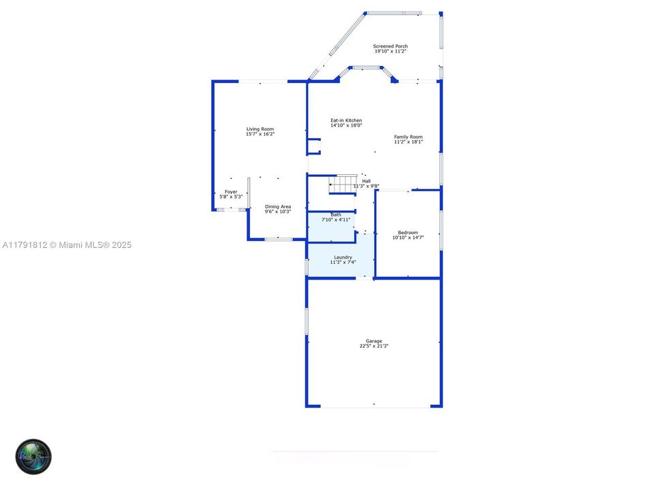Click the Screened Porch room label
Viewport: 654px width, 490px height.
390,46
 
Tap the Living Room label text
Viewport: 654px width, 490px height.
260,129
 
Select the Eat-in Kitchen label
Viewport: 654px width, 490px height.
346,120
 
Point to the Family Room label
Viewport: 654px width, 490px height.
408,137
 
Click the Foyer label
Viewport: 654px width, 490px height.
231,192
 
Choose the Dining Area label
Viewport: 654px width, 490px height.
278,206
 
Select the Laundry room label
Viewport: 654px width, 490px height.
343,257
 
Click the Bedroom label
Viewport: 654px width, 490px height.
408,233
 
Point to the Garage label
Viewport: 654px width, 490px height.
374,341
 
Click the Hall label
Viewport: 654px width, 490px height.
367,181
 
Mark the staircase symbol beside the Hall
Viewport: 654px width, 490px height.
343,183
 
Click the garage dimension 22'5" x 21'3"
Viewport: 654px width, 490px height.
374,346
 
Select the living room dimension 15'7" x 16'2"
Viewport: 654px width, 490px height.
260,134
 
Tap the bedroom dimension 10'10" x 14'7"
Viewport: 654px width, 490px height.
408,238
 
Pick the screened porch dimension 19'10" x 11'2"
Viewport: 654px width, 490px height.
390,51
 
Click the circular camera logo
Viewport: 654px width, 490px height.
34,456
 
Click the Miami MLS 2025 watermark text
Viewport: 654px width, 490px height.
67,245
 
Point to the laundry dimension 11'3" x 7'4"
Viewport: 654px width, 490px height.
343,262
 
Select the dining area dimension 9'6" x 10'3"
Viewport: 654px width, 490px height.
278,212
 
